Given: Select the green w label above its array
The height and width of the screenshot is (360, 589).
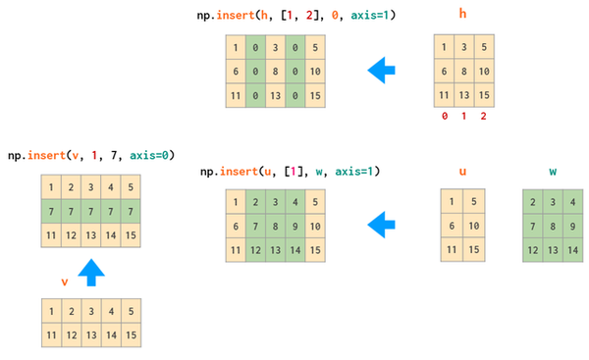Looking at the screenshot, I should coord(553,171).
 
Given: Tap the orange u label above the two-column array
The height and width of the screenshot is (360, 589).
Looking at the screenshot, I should coord(462,171).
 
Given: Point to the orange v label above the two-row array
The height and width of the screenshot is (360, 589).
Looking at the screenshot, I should coord(65,281).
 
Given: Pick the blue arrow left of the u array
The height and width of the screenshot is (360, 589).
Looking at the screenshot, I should coord(381,227).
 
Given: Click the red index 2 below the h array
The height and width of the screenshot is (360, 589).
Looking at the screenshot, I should coord(483,116).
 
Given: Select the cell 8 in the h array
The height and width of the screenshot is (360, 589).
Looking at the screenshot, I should coord(462,72).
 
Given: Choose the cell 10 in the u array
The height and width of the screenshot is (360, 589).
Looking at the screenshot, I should coord(473,227).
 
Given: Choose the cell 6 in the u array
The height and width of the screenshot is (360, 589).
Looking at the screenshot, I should coord(453,227).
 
